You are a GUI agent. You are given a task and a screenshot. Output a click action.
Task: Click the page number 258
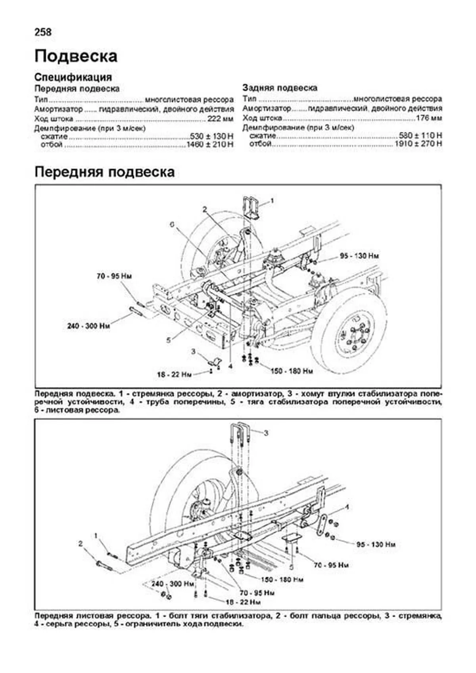tap(43, 32)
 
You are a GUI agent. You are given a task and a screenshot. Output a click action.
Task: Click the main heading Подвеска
tap(76, 56)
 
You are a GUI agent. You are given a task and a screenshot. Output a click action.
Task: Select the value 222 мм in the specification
tap(220, 119)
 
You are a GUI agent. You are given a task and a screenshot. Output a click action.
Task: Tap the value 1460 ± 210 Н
tap(210, 145)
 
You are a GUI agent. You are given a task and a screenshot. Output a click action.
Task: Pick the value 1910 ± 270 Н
tap(418, 144)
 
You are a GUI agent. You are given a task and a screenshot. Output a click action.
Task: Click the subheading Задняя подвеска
tap(280, 88)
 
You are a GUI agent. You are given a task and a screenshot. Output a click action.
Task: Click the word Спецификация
tap(73, 77)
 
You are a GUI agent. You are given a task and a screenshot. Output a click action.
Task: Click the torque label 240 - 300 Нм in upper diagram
tap(88, 326)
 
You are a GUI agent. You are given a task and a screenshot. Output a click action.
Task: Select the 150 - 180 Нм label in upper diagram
tap(292, 371)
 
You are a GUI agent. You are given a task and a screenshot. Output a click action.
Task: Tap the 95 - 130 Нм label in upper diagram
tap(359, 256)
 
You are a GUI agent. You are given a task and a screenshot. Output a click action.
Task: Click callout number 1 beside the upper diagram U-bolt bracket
tap(272, 201)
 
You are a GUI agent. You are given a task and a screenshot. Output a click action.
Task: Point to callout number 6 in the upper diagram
tap(172, 224)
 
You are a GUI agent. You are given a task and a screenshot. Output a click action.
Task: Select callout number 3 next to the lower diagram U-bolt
tap(266, 433)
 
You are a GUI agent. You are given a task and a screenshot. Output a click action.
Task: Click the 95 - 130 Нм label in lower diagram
tap(376, 545)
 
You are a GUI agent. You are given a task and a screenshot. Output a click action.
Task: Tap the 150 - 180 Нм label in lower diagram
tap(282, 579)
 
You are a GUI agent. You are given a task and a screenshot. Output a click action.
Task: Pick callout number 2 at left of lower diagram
tap(81, 543)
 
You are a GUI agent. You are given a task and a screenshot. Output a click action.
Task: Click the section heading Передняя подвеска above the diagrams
tap(104, 172)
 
